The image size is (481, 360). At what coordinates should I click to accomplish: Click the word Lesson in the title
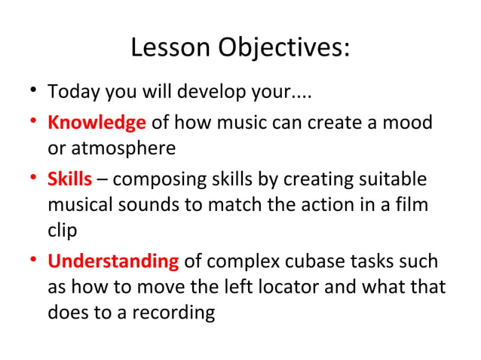click(x=171, y=48)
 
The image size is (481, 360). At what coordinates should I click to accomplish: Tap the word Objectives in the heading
click(x=284, y=48)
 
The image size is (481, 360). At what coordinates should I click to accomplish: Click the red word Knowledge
click(x=97, y=123)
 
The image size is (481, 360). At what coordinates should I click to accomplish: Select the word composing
click(x=152, y=181)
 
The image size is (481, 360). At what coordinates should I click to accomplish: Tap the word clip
click(x=62, y=230)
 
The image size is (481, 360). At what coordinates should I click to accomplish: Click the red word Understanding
click(x=113, y=262)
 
